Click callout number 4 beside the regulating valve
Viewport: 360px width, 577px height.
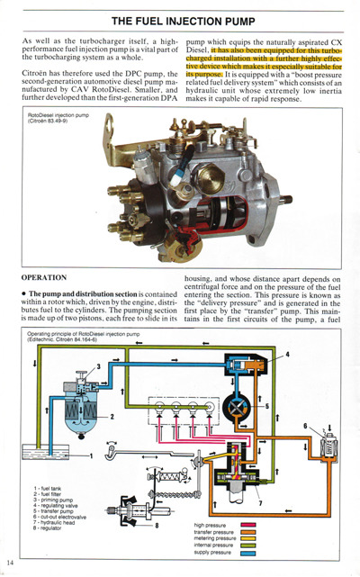[x=287, y=355]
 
